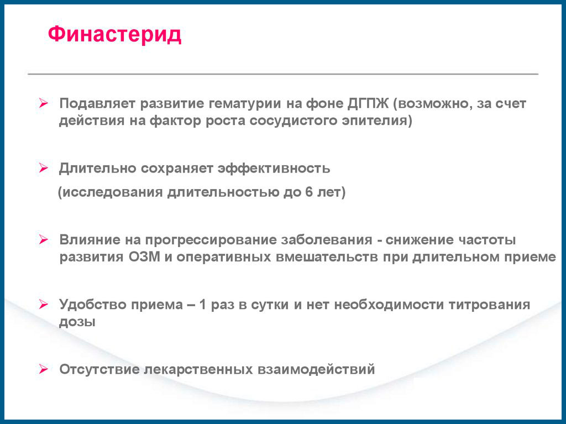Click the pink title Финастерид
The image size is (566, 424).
click(x=114, y=35)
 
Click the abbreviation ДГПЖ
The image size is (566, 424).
click(x=368, y=104)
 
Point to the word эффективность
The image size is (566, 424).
click(x=274, y=169)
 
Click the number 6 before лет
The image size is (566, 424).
click(x=308, y=192)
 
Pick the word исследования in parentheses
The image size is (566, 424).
click(x=113, y=192)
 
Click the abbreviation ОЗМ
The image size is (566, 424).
click(x=144, y=257)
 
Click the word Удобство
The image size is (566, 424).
click(x=93, y=305)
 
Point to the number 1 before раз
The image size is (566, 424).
click(x=202, y=305)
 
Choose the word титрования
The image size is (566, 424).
click(x=490, y=305)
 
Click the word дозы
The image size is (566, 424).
click(x=77, y=322)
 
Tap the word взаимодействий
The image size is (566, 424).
click(x=316, y=369)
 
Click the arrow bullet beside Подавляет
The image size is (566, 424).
click(x=43, y=103)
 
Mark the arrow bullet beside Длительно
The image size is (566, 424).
click(x=43, y=168)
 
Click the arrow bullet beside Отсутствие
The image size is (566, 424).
click(x=43, y=369)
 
